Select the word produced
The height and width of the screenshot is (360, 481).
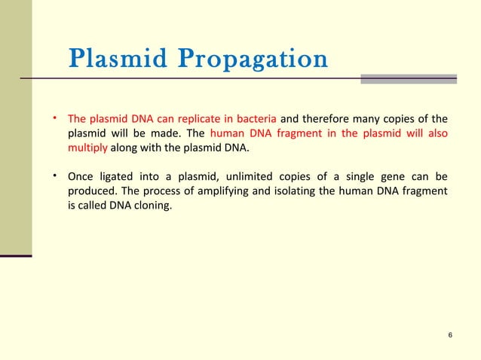click(x=91, y=191)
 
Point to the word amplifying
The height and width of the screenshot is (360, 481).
click(x=219, y=191)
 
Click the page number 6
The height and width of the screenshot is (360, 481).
click(x=449, y=335)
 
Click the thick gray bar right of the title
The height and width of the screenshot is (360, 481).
click(x=408, y=78)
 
